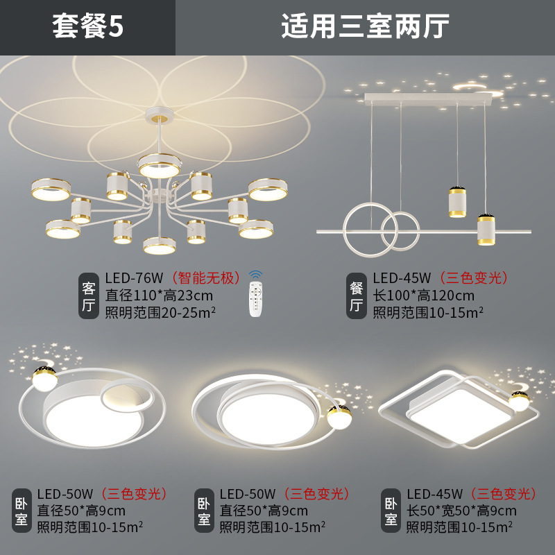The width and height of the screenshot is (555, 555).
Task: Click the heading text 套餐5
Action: coord(87,27)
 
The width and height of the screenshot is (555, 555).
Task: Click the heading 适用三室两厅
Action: coord(365,27)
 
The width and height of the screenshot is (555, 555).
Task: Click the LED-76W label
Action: coord(134,278)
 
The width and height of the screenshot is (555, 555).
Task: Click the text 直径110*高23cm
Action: coord(159,295)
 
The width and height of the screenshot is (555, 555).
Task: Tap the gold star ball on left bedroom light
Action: coord(42,376)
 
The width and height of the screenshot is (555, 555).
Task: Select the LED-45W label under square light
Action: coord(434,494)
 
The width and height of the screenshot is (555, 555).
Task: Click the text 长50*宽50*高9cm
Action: coord(461,511)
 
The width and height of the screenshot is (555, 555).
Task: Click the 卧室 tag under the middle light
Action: coord(204,511)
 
